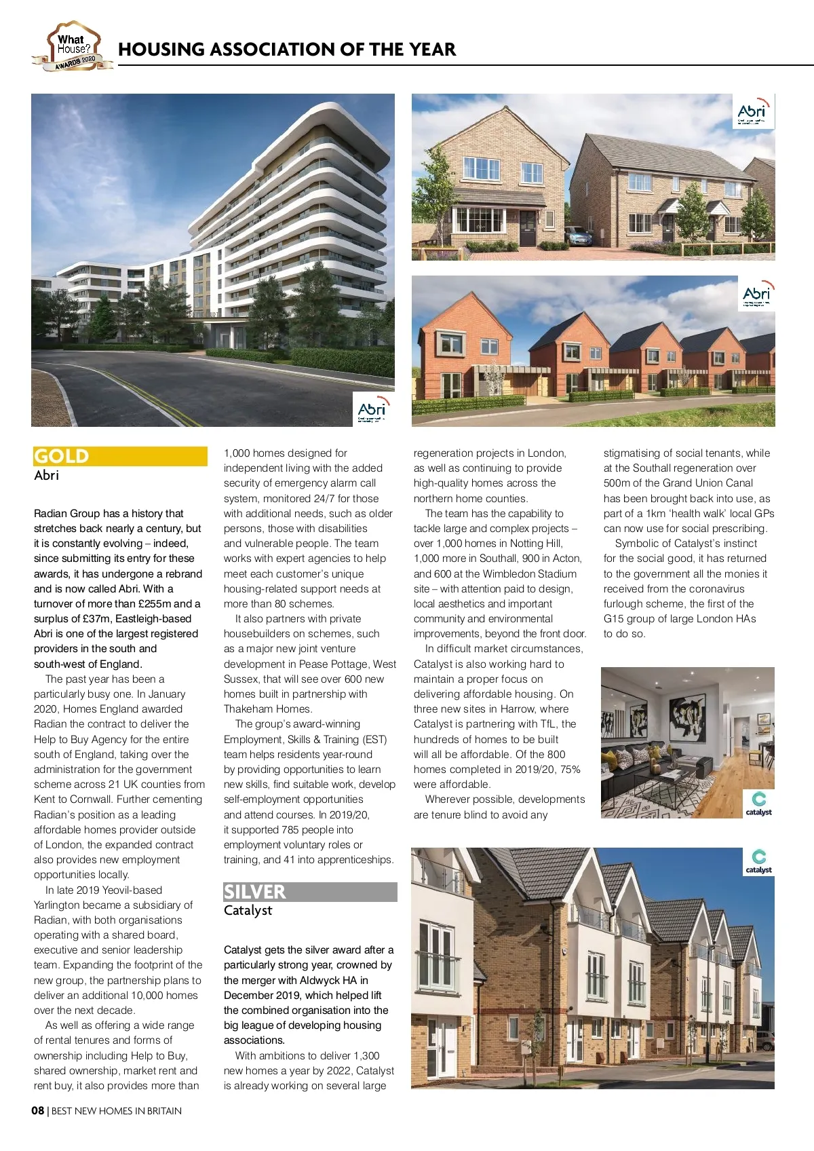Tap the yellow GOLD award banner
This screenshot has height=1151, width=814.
pyautogui.click(x=120, y=456)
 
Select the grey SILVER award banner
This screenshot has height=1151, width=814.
pyautogui.click(x=310, y=892)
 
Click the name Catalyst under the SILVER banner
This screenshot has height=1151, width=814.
pyautogui.click(x=248, y=910)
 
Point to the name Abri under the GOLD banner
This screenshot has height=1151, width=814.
pyautogui.click(x=47, y=475)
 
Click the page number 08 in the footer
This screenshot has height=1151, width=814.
pyautogui.click(x=38, y=1111)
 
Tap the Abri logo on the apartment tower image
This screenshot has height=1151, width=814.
pyautogui.click(x=372, y=410)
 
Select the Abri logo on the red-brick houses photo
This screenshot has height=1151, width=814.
pyautogui.click(x=756, y=294)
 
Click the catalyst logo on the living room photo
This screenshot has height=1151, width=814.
pyautogui.click(x=758, y=804)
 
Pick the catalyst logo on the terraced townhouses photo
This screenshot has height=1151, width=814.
pyautogui.click(x=758, y=861)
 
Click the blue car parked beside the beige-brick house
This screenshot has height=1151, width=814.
pyautogui.click(x=578, y=238)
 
